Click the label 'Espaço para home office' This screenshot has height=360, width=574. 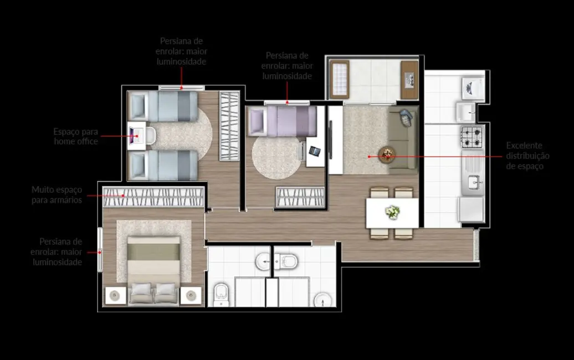[76, 136]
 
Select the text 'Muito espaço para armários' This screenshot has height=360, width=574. [57, 194]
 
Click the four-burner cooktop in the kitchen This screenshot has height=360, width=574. [472, 136]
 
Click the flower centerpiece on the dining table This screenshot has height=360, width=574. [392, 212]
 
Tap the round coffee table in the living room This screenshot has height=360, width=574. [387, 154]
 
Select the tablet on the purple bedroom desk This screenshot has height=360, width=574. [314, 151]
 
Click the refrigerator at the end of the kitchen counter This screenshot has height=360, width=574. [471, 210]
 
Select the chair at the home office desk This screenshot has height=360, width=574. [150, 135]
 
